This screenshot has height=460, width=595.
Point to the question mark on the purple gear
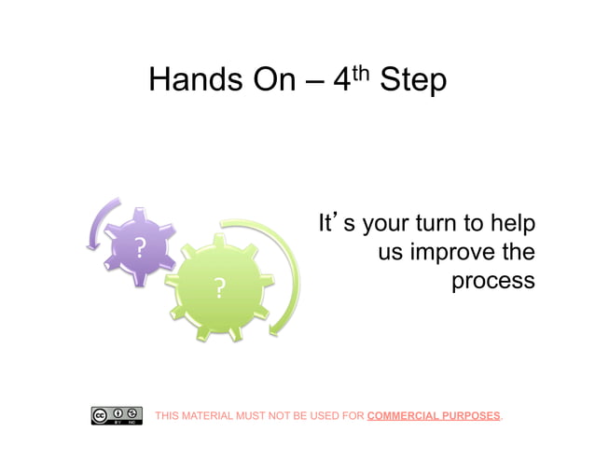pyautogui.click(x=140, y=248)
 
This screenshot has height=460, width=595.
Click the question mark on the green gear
pyautogui.click(x=219, y=288)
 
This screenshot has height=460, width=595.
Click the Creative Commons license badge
pyautogui.click(x=117, y=415)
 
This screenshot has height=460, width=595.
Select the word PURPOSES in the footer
pyautogui.click(x=470, y=416)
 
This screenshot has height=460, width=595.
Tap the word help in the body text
pyautogui.click(x=513, y=225)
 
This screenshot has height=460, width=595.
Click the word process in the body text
pyautogui.click(x=493, y=281)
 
